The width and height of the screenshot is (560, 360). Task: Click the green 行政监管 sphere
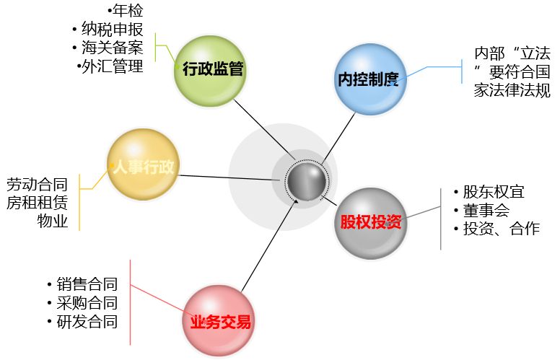click(x=210, y=71)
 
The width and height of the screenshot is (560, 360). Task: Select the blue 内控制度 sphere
click(x=370, y=79)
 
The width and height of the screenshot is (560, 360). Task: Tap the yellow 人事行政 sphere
click(x=143, y=164)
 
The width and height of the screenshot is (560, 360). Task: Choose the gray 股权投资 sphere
click(x=371, y=223)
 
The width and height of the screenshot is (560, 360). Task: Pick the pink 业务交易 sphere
click(x=219, y=321)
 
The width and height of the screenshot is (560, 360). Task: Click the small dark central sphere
click(x=307, y=181)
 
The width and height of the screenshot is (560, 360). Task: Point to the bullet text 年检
click(x=128, y=10)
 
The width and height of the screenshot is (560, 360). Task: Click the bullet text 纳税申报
click(x=113, y=30)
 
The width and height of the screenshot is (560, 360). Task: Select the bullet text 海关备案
click(x=113, y=48)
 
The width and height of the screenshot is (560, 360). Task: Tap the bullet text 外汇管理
click(x=113, y=66)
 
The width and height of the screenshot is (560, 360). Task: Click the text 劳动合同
click(x=37, y=184)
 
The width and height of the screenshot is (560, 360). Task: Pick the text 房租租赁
click(x=37, y=203)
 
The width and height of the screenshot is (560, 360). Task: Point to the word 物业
click(x=53, y=221)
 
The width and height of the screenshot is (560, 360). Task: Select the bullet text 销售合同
click(x=87, y=284)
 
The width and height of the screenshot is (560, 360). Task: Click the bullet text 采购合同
click(x=87, y=303)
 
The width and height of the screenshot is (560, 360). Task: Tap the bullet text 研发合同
click(x=87, y=322)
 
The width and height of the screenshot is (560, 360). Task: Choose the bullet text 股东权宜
click(x=494, y=192)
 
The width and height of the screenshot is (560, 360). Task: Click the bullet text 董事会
click(x=486, y=211)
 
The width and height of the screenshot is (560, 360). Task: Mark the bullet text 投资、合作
click(x=502, y=229)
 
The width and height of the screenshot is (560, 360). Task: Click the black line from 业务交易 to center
click(x=270, y=246)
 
